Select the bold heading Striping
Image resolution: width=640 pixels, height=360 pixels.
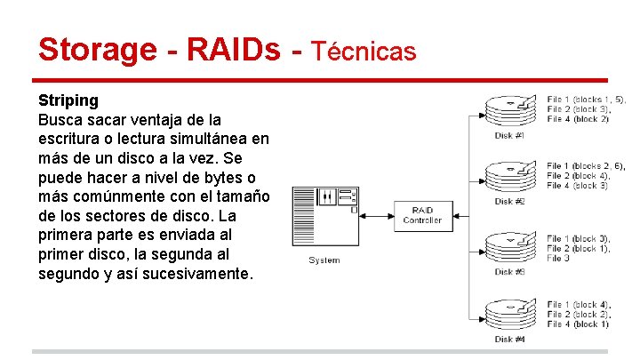click(68, 100)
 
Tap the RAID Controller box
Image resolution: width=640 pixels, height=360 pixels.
click(421, 215)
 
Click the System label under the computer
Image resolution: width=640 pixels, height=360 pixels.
click(324, 260)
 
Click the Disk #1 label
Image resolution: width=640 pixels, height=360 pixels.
click(509, 135)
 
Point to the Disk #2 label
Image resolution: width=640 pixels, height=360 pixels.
click(509, 201)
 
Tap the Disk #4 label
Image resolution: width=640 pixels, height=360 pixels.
click(509, 339)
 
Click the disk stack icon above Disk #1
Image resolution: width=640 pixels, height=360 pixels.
click(510, 109)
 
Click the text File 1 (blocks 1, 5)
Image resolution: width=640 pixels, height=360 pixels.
click(586, 99)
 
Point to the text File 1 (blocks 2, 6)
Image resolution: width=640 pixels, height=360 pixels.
click(586, 166)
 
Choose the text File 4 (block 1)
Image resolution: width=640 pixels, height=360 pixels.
click(578, 324)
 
